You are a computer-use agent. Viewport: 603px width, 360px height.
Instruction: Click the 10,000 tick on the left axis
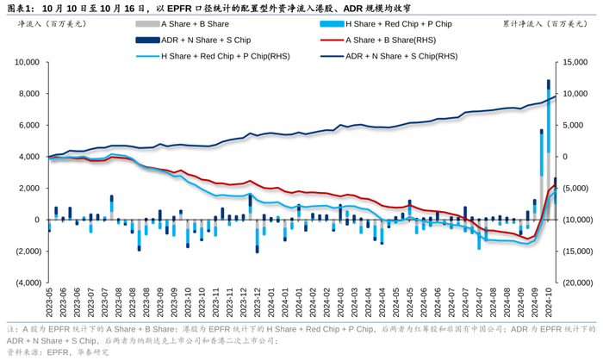click(28, 62)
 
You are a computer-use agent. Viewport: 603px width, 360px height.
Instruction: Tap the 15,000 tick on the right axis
click(575, 62)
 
